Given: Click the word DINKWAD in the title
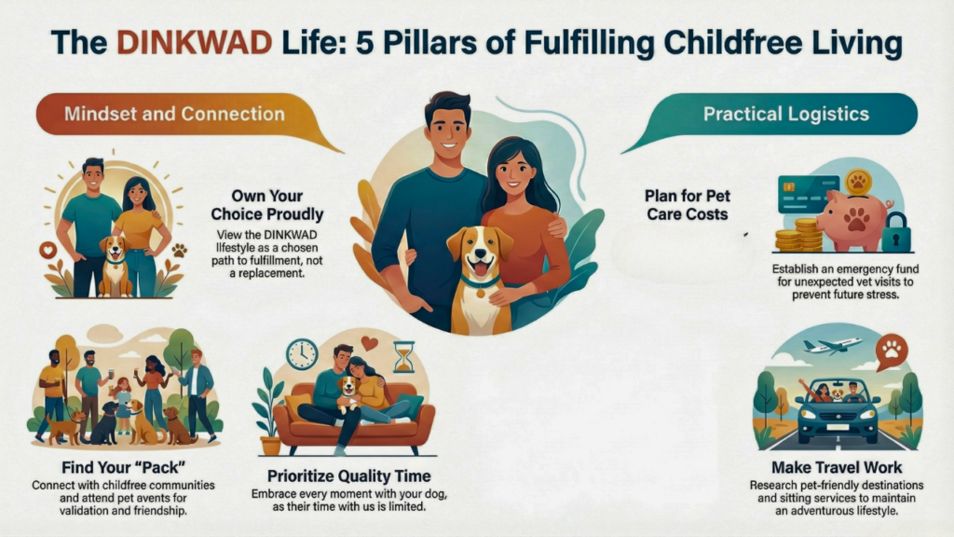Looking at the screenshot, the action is [x=194, y=43].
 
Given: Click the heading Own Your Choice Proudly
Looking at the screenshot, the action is [x=267, y=205].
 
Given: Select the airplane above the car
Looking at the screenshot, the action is [x=832, y=346].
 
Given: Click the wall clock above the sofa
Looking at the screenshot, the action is [x=303, y=354].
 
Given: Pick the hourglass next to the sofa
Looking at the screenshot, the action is [x=404, y=357].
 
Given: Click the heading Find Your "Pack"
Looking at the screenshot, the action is [x=124, y=468].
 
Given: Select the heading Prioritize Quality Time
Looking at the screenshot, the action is [x=349, y=476].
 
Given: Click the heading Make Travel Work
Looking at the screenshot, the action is [x=837, y=468].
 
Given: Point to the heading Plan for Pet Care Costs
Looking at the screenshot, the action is [x=688, y=205].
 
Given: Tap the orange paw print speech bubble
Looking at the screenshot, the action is [x=892, y=351].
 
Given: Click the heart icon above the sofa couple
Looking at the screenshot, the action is [x=368, y=342].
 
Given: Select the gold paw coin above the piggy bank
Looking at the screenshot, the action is [x=858, y=182].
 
